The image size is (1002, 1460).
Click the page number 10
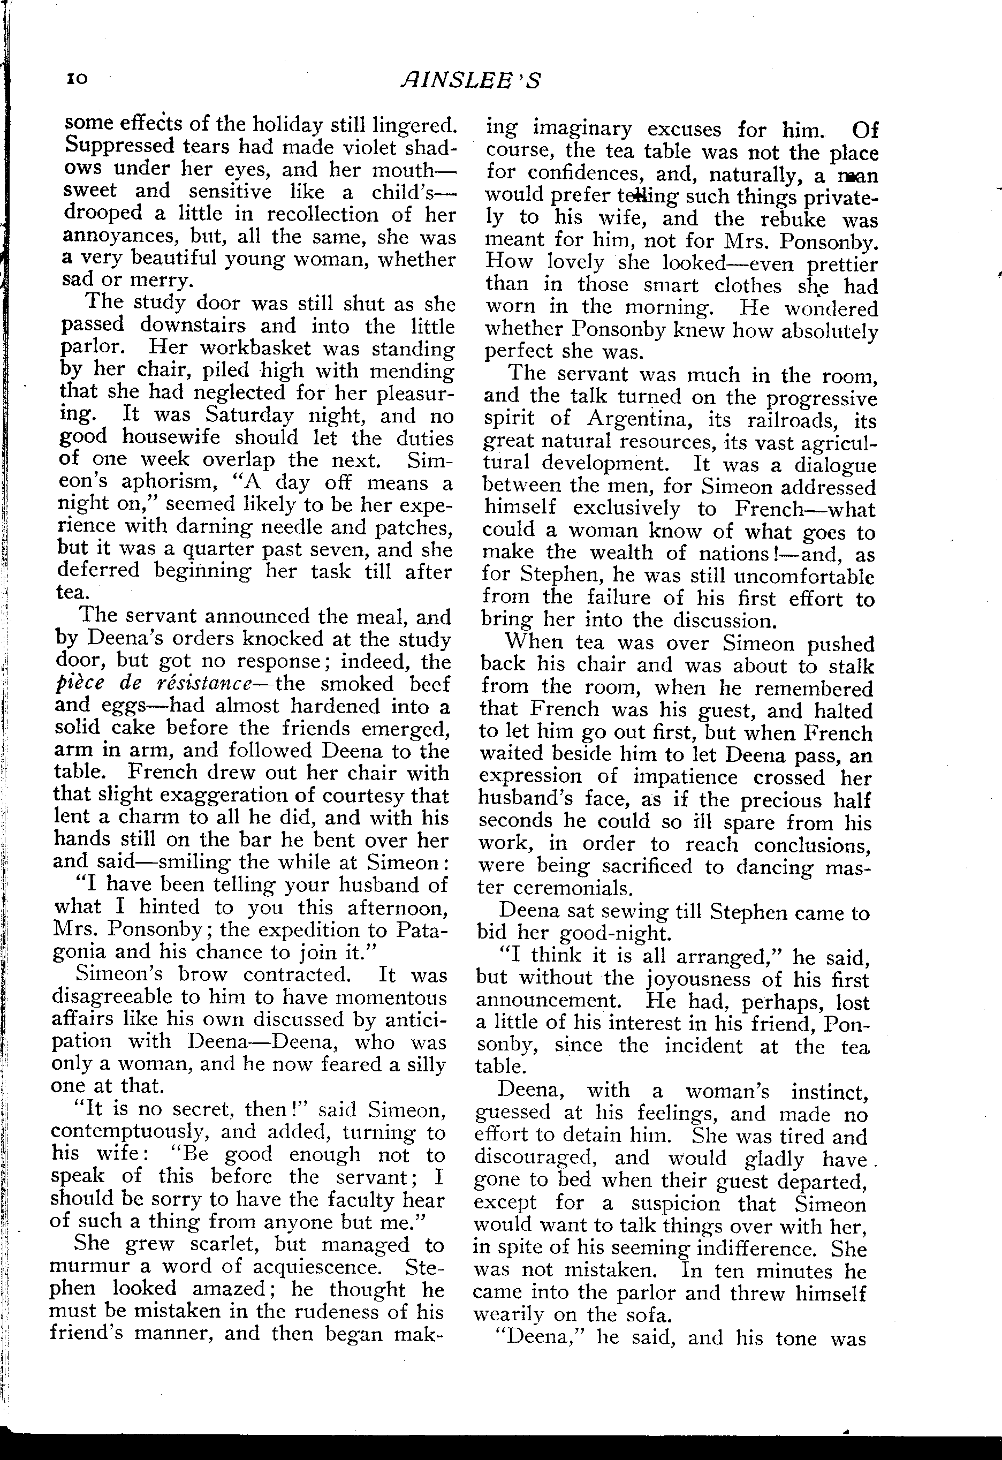click(77, 79)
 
